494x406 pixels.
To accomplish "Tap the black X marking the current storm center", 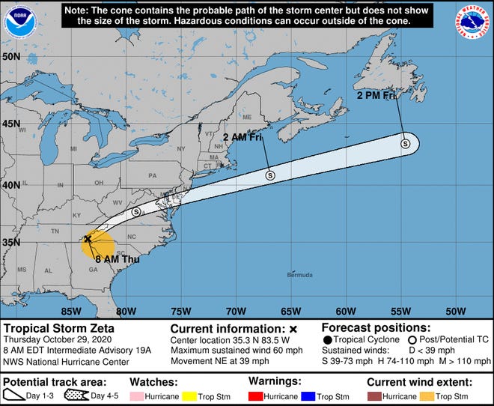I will (x=88, y=239).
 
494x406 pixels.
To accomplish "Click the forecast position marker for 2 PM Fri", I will (x=405, y=143).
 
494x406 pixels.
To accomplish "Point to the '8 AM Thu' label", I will (x=101, y=261).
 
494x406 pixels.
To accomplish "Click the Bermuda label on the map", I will (x=299, y=275).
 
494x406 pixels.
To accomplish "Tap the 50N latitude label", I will (x=11, y=57).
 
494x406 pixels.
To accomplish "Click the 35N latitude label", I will (x=11, y=243).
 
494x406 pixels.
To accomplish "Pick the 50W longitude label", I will (x=455, y=311).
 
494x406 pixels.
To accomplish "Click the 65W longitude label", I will (x=290, y=311).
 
